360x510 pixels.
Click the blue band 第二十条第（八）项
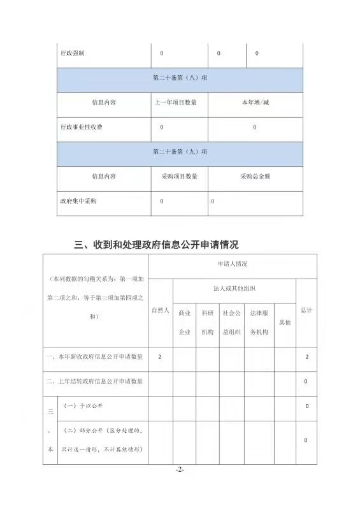(x=180, y=78)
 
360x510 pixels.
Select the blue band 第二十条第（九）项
(x=180, y=152)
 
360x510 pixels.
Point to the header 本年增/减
(x=255, y=103)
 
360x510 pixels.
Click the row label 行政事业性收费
(x=81, y=127)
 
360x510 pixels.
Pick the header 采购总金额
(x=255, y=176)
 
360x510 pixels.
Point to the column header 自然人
(x=160, y=310)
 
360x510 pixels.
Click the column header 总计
(x=306, y=310)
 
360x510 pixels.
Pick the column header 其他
(x=284, y=323)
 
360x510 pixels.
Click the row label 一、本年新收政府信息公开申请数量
(x=94, y=356)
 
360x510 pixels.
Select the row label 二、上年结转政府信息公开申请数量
(x=94, y=381)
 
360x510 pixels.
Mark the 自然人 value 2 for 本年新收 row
(x=160, y=356)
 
